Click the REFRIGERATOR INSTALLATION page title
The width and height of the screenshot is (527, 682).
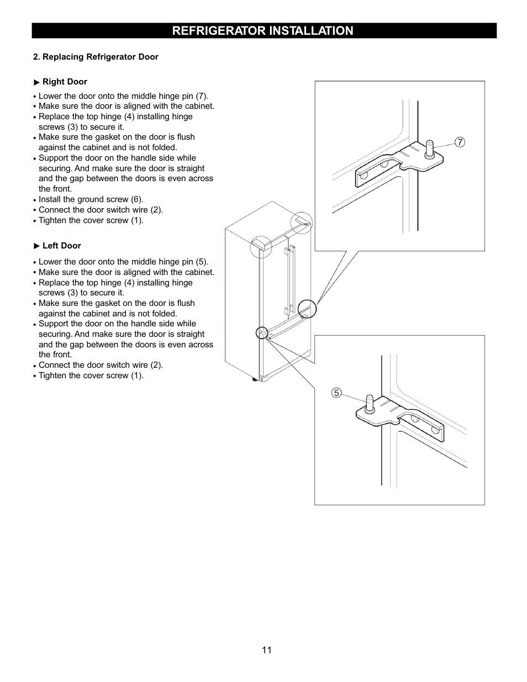click(262, 31)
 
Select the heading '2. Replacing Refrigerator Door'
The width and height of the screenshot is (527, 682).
click(96, 57)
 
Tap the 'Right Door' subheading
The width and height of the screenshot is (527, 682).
click(65, 82)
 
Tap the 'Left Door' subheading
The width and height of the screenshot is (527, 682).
click(61, 246)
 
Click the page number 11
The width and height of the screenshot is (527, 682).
click(267, 650)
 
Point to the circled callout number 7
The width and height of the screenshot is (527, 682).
click(460, 142)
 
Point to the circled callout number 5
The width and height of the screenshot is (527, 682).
click(336, 393)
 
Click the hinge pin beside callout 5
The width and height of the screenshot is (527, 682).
click(368, 403)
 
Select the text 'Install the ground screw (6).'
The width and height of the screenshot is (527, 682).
click(91, 199)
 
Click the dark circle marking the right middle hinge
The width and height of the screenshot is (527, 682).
click(307, 309)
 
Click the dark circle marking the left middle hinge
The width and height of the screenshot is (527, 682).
click(262, 332)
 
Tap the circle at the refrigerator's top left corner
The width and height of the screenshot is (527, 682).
click(261, 247)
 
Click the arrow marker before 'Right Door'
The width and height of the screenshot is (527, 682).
click(37, 82)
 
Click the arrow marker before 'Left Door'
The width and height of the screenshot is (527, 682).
click(37, 246)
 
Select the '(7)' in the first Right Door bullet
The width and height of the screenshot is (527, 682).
click(202, 96)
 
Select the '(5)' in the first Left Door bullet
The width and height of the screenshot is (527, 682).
click(202, 262)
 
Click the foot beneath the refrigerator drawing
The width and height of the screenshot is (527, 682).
click(255, 379)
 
